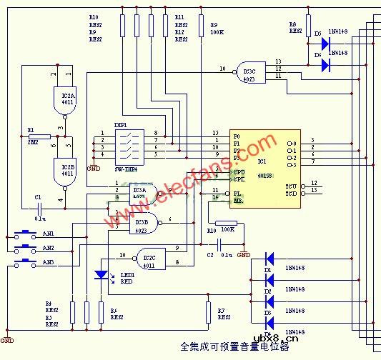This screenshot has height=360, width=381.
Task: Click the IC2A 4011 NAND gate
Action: tap(63, 96)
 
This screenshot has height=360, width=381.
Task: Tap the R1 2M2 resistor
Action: tap(40, 136)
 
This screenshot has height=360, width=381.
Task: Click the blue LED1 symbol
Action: tap(100, 275)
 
